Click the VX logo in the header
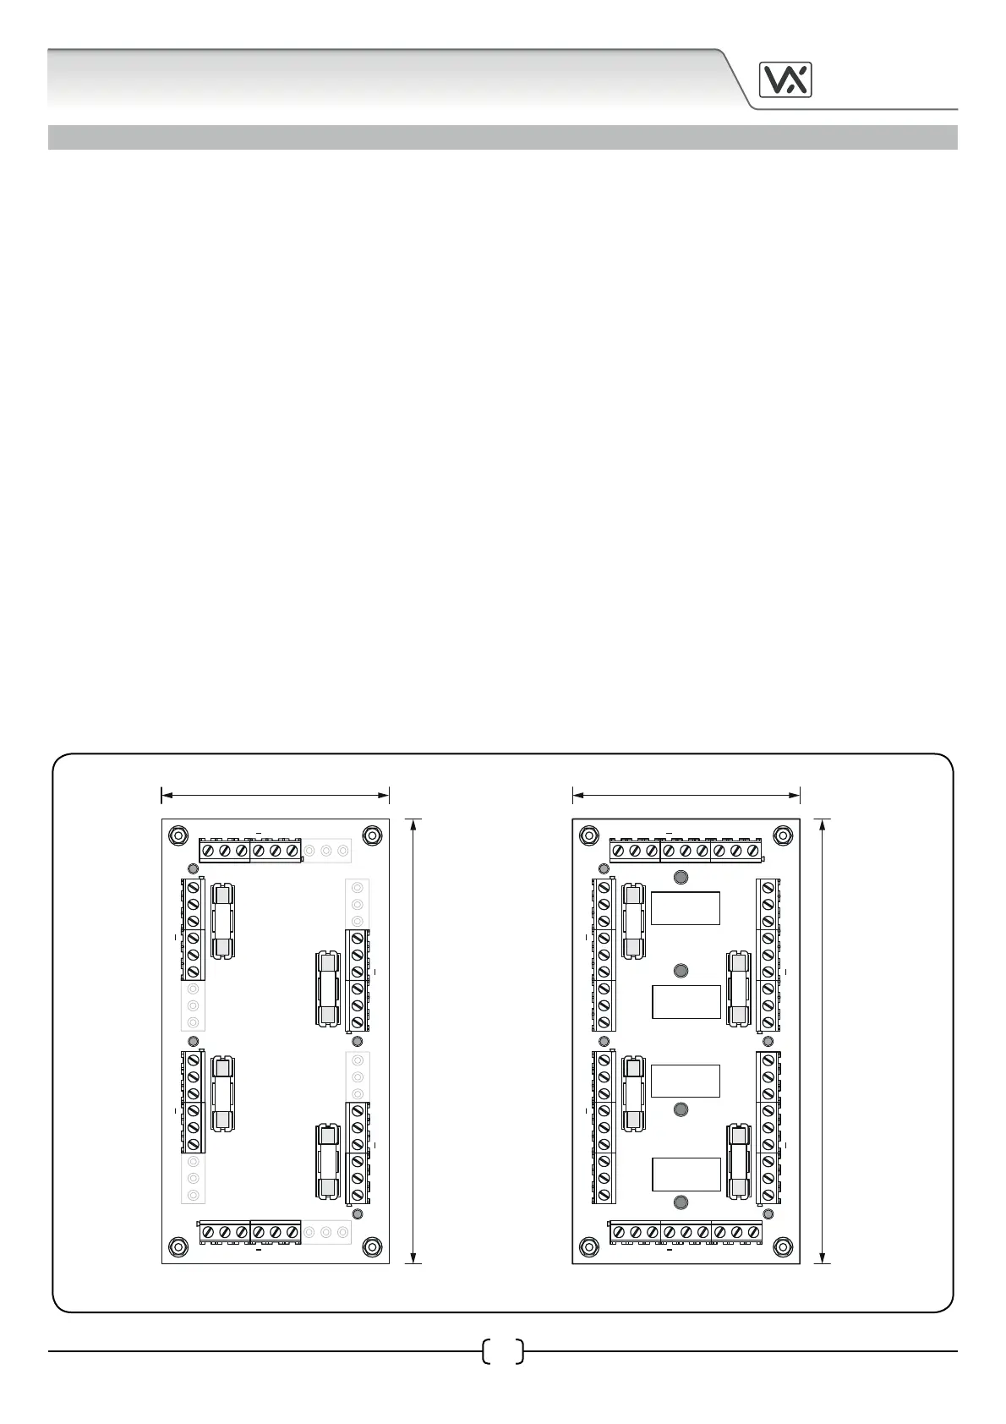point(785,80)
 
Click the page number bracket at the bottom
point(502,1351)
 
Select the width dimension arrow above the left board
point(275,795)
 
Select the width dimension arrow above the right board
point(686,795)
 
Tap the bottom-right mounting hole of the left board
point(372,1246)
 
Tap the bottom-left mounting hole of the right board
point(588,1246)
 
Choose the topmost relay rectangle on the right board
point(686,908)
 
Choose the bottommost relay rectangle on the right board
point(686,1175)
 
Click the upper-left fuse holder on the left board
point(221,922)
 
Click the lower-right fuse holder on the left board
point(328,1161)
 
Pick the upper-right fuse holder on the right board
point(740,989)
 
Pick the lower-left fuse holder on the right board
point(633,1094)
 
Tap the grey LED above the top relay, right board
point(681,877)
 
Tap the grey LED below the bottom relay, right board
point(681,1202)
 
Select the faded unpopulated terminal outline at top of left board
point(326,850)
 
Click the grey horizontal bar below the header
point(502,137)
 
